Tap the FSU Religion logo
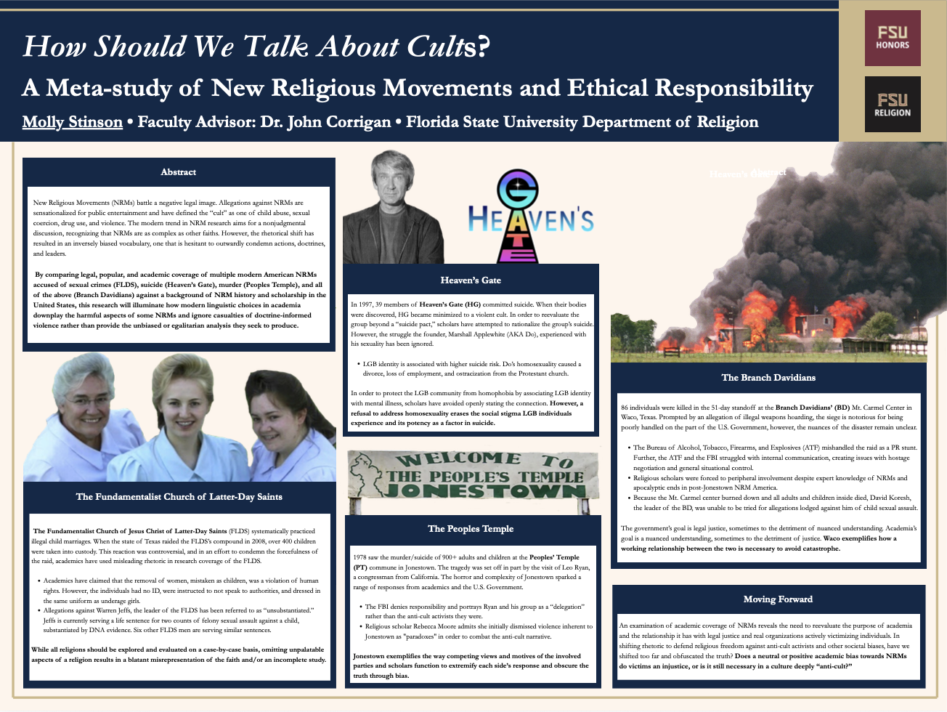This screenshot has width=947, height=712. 893,105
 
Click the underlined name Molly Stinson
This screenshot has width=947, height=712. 72,122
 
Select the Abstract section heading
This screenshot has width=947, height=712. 179,172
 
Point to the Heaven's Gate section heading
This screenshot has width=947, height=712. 471,280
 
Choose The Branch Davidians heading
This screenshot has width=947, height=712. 768,377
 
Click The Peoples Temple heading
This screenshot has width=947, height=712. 471,529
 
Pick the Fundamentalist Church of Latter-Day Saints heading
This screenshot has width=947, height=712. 179,497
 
